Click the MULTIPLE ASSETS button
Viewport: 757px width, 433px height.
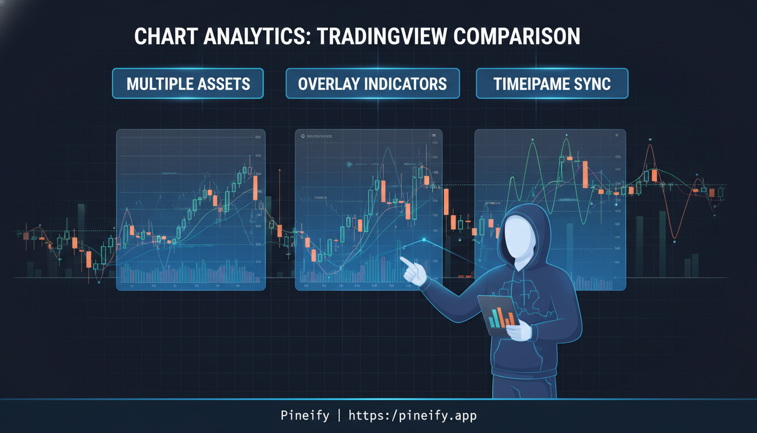point(188,83)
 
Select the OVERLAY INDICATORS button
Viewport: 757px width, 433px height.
point(372,83)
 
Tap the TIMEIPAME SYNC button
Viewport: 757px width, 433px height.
point(552,83)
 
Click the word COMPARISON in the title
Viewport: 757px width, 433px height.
point(516,36)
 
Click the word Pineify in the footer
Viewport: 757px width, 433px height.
point(305,416)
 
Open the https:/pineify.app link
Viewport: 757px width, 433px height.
point(412,416)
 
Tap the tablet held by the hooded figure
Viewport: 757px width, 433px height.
point(500,316)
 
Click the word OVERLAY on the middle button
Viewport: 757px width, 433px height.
point(329,83)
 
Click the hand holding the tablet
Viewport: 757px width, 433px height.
point(519,330)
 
